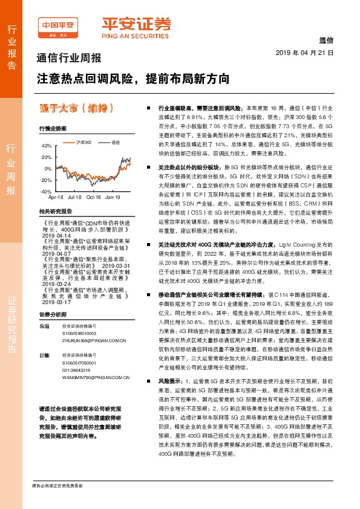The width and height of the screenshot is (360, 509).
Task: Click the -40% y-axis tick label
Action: click(x=46, y=191)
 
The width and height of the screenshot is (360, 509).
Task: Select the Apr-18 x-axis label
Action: click(x=56, y=197)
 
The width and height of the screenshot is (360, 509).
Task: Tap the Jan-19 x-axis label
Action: click(x=113, y=197)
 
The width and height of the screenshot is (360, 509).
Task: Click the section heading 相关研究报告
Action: click(x=55, y=211)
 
